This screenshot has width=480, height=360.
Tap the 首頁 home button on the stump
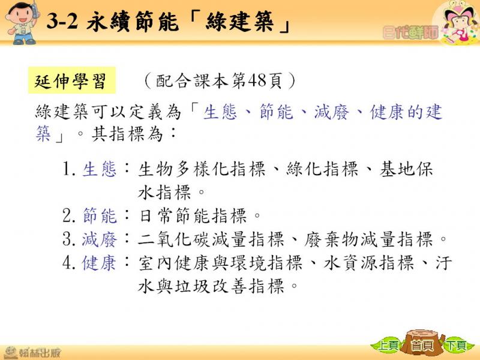[423, 346]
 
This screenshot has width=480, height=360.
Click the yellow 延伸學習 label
[72, 80]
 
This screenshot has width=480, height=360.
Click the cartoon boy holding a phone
[22, 23]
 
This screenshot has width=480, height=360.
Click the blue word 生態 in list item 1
[100, 169]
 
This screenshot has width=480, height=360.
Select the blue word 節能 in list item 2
[100, 215]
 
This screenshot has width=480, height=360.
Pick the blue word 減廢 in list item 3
[100, 239]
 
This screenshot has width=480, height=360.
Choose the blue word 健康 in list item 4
[100, 263]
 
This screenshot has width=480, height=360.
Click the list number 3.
[68, 239]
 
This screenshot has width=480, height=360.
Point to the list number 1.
[68, 169]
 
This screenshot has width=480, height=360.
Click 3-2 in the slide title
[62, 21]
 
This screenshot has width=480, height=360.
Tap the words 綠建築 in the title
[239, 22]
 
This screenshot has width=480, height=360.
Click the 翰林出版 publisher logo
[32, 353]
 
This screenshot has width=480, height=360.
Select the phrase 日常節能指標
[193, 215]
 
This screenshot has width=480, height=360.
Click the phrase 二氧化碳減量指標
[211, 239]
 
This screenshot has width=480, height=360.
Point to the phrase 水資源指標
[369, 263]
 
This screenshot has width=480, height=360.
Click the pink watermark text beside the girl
[410, 32]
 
